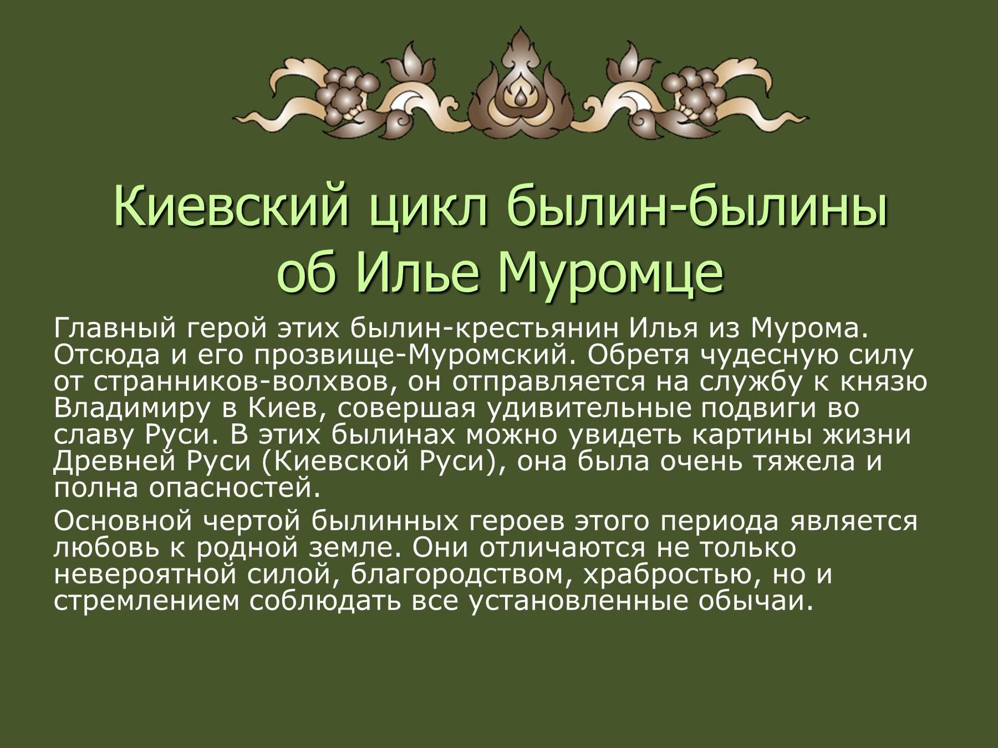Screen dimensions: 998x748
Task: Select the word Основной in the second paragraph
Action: [x=120, y=521]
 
